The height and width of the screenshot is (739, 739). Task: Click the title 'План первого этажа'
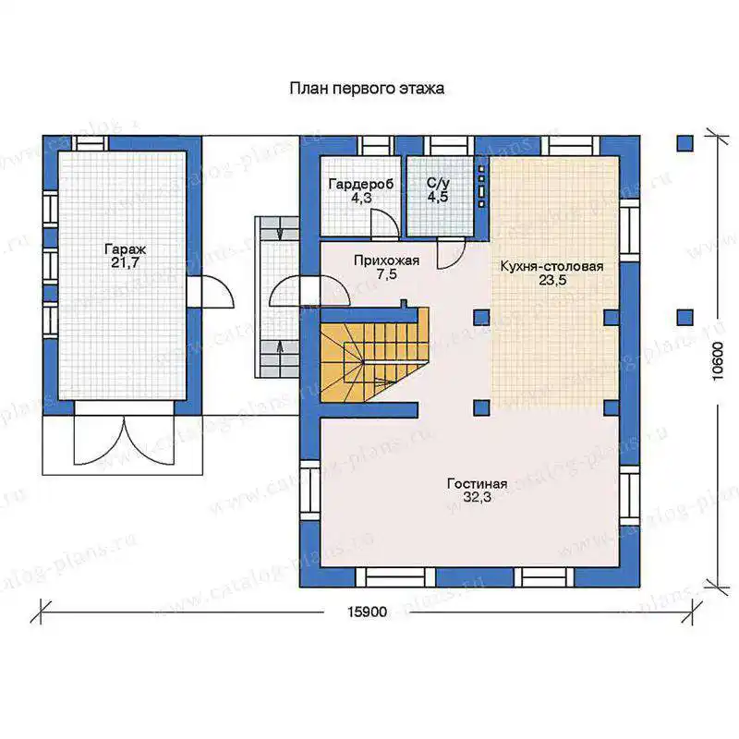click(367, 89)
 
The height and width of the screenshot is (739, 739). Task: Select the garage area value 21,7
click(126, 263)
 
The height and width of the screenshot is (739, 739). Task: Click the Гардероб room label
click(361, 184)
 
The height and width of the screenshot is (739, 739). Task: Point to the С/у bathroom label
click(438, 182)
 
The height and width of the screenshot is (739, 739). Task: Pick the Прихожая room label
click(386, 260)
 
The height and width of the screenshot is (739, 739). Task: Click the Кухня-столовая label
click(551, 266)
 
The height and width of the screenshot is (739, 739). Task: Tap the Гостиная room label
click(478, 483)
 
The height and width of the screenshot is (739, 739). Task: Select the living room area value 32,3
click(477, 497)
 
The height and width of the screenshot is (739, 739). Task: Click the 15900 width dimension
click(367, 612)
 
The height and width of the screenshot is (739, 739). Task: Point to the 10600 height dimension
click(718, 361)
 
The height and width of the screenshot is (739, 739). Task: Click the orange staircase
click(375, 355)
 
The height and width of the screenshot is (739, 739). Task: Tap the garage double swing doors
click(125, 441)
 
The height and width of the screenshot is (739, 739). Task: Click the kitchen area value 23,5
click(552, 281)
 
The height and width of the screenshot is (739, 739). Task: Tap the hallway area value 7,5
click(386, 274)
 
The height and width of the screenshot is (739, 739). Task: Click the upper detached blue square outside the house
click(684, 143)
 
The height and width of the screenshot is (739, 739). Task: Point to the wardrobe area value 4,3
click(361, 198)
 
